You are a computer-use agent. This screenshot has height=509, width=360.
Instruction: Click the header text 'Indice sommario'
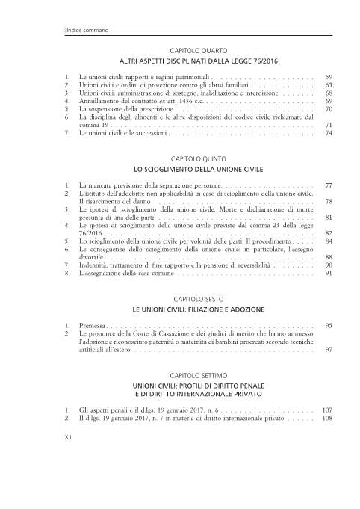87,29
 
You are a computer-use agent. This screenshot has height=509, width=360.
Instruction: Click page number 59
329,77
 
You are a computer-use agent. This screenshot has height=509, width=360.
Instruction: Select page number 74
329,134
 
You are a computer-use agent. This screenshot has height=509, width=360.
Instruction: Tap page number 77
329,185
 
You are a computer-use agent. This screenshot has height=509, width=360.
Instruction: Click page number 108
326,419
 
